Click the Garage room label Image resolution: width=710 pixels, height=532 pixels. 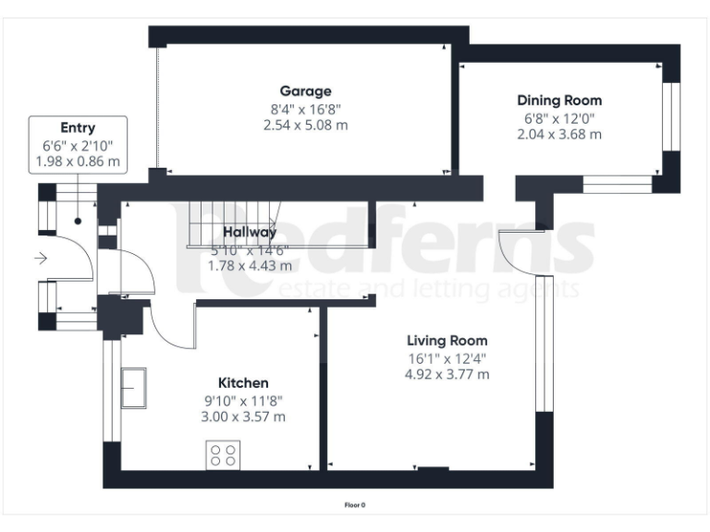[x=305, y=91]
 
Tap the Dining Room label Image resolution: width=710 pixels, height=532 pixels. [x=558, y=100]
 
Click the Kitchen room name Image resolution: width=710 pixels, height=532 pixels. [x=243, y=382]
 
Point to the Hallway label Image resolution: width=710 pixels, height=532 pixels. [x=250, y=233]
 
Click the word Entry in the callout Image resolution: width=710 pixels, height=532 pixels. [x=78, y=128]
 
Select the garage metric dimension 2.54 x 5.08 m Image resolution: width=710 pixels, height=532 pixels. [x=305, y=125]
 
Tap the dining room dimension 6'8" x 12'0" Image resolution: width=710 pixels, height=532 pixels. [x=558, y=117]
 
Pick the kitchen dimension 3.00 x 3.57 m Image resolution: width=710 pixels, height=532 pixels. [x=243, y=417]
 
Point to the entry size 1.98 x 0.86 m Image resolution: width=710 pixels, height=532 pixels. [x=78, y=162]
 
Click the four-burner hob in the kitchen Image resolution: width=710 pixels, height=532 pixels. [x=223, y=454]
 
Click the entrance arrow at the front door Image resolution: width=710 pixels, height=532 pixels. [x=41, y=260]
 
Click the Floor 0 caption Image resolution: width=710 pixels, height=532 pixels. [x=355, y=505]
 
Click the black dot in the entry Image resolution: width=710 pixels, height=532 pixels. [x=78, y=222]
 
